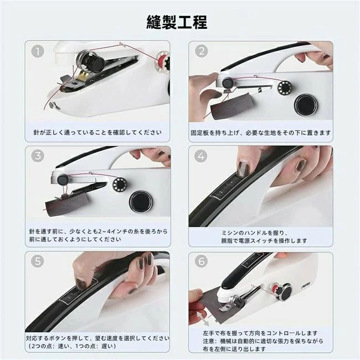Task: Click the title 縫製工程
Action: pos(177,22)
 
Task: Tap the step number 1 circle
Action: pos(38,51)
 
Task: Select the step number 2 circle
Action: pos(202,51)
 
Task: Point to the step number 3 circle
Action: pos(38,156)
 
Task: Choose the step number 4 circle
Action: pos(201,156)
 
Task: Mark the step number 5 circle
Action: pos(38,261)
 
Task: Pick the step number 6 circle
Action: pos(201,261)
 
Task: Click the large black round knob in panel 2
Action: pos(306,106)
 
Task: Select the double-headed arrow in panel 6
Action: pos(203,318)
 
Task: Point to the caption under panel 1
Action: pos(97,132)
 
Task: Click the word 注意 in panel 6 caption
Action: pos(208,341)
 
